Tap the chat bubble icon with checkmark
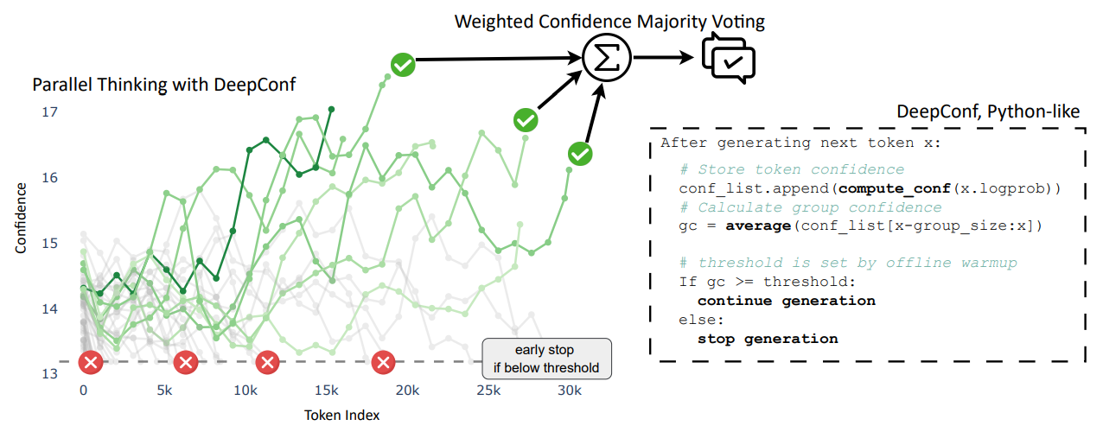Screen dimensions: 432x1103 [728, 57]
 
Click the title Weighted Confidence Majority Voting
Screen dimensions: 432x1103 [610, 20]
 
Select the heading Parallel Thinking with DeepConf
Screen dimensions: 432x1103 [163, 85]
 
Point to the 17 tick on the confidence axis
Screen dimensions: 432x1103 [48, 112]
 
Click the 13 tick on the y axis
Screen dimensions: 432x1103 [48, 374]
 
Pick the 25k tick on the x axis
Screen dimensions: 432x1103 [488, 391]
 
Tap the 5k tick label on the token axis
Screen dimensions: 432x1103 [165, 391]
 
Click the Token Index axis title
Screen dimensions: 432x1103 [341, 415]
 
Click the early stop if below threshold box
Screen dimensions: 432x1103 [546, 359]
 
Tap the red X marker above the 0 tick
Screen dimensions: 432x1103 [90, 363]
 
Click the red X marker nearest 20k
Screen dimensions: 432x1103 [384, 363]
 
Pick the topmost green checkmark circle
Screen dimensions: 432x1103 [403, 64]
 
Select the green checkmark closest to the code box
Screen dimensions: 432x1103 [581, 154]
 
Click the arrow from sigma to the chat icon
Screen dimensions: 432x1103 [666, 59]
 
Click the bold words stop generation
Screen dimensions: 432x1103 [768, 339]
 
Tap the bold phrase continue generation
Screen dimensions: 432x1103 [786, 301]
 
